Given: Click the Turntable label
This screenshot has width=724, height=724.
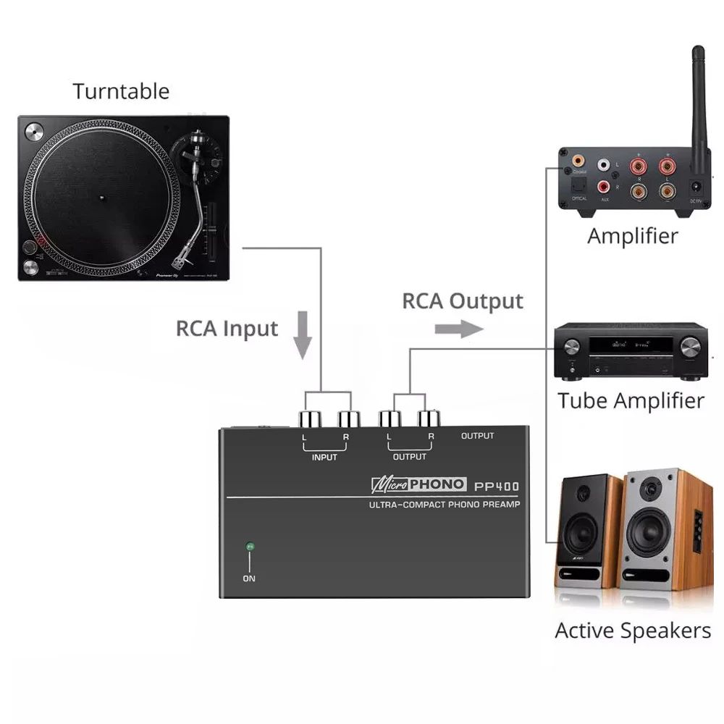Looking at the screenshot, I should click(121, 91).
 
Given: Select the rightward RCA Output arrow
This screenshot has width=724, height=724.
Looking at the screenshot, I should click(458, 329).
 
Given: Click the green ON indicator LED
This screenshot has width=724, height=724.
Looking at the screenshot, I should click(250, 547).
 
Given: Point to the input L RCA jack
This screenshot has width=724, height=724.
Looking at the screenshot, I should click(306, 418).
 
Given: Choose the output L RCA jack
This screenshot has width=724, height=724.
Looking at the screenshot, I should click(390, 418).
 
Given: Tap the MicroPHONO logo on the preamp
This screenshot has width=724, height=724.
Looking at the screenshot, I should click(418, 484).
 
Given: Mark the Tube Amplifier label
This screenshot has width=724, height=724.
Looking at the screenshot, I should click(631, 400).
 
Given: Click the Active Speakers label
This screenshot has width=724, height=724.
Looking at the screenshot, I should click(633, 630).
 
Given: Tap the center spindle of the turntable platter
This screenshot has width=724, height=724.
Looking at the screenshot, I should click(101, 197).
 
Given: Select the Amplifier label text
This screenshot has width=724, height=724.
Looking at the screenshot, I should click(632, 236).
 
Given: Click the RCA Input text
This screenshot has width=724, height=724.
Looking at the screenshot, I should click(227, 328).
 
